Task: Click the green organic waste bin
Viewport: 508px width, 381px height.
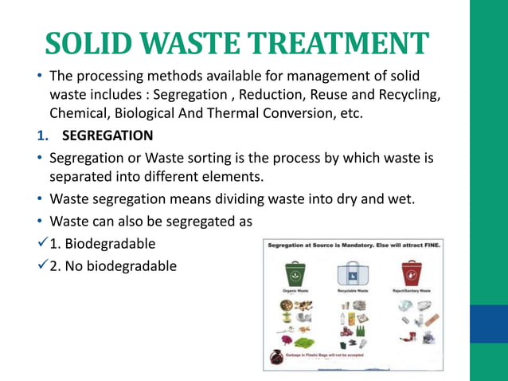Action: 295,273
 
